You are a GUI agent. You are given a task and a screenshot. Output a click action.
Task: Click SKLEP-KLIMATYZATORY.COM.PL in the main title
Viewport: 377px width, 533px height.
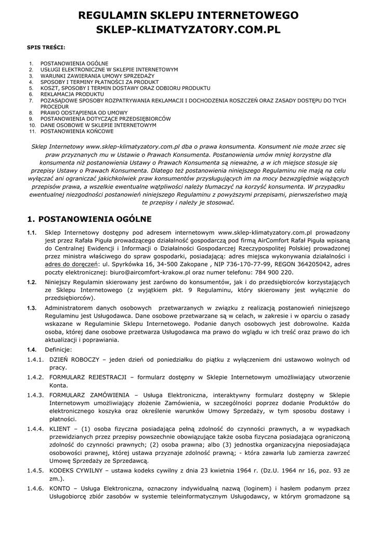[x=188, y=31]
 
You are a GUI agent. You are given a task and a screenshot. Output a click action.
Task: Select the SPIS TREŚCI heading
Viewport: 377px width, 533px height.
[x=46, y=47]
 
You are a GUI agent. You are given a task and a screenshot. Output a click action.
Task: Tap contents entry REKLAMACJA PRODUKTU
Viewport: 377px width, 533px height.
[x=69, y=94]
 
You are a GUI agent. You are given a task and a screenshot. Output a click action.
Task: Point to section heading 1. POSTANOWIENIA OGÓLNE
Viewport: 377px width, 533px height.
[x=89, y=219]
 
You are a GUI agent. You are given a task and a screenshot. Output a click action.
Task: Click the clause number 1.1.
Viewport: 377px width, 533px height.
[x=32, y=232]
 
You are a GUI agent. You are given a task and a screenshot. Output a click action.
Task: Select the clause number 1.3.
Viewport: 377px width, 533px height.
[x=32, y=308]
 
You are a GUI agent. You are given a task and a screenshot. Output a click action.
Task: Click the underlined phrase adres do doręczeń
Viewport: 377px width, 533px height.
[x=70, y=264]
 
